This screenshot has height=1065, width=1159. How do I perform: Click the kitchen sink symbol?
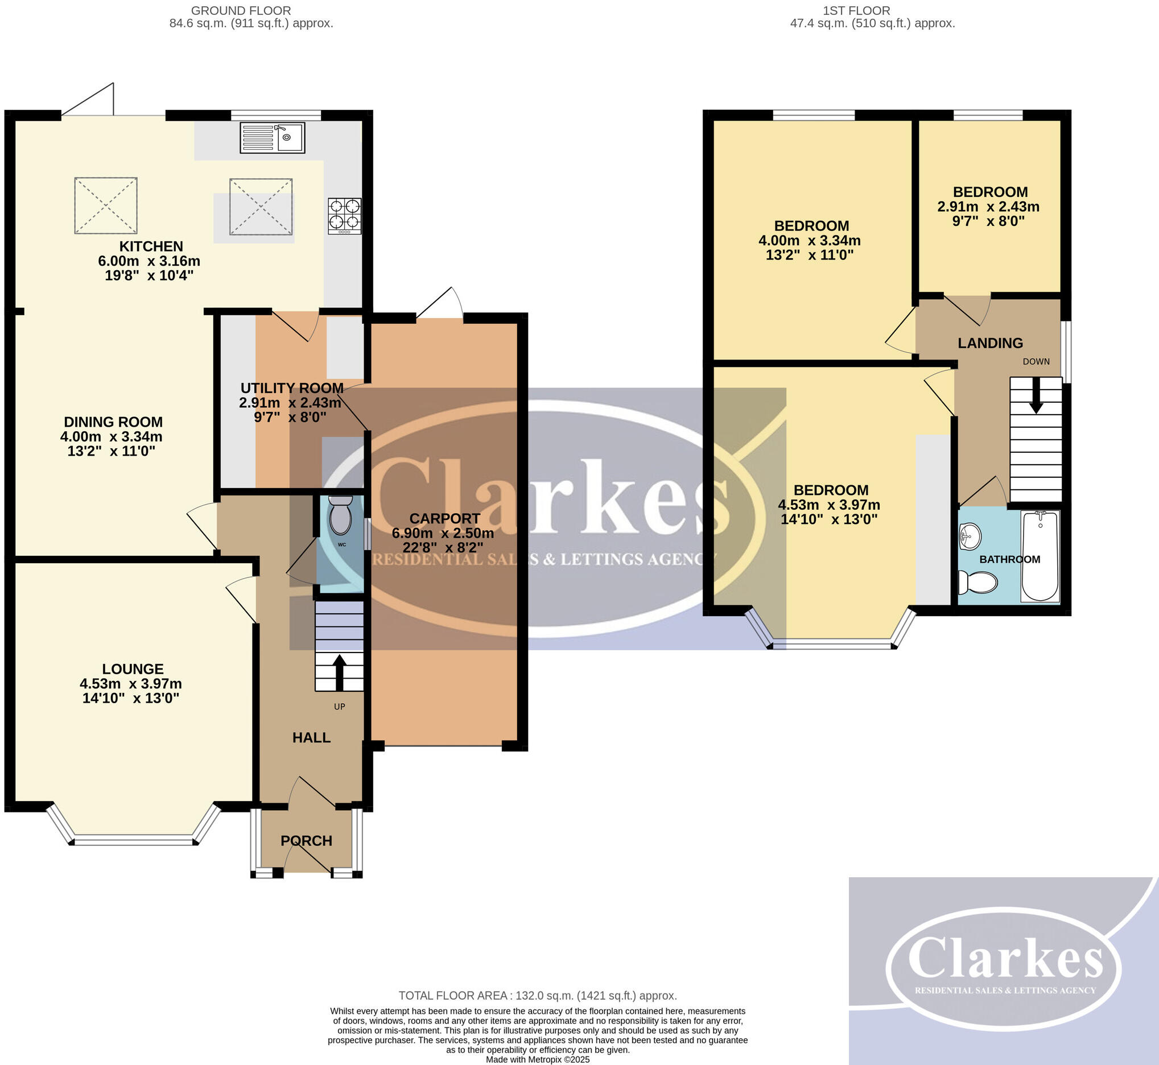click(272, 138)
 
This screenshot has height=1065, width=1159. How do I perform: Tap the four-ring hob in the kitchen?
click(345, 216)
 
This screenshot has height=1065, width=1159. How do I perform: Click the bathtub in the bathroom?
click(1040, 556)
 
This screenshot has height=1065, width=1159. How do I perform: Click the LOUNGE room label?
click(133, 668)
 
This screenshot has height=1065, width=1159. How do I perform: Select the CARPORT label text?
click(444, 518)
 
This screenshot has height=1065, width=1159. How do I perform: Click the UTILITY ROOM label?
click(292, 388)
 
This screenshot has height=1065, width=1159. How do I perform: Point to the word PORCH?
click(306, 841)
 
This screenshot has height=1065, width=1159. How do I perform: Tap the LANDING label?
click(990, 343)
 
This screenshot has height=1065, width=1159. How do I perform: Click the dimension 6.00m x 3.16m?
click(149, 261)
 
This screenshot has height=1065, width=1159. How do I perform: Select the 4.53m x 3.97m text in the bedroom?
click(829, 505)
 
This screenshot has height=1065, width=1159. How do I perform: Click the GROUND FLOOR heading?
click(241, 10)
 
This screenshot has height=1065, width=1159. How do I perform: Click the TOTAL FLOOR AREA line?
click(537, 995)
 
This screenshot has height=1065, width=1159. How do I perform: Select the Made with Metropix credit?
click(537, 1059)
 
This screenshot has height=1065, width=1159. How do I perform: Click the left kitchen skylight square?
click(106, 206)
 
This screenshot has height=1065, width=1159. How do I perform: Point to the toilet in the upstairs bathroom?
click(977, 582)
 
